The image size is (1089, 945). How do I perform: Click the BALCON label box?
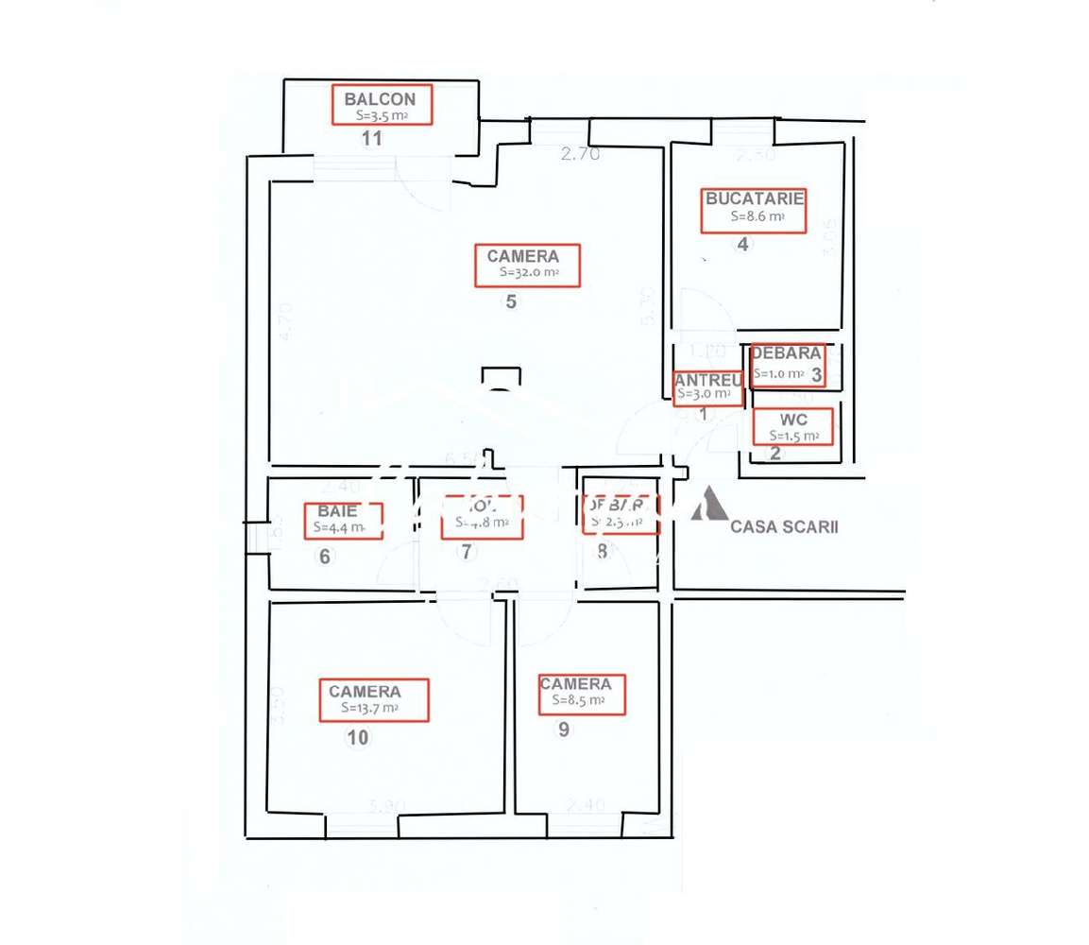click(382, 104)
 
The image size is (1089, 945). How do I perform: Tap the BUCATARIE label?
click(753, 198)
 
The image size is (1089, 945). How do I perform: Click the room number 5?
click(511, 303)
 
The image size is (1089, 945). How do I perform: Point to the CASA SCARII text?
click(784, 527)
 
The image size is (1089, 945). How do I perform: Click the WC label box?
click(793, 426)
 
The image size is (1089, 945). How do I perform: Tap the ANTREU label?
click(706, 380)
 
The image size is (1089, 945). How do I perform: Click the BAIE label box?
click(343, 521)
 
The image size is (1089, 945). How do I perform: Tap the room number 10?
click(357, 738)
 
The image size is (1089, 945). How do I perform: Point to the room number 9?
click(564, 730)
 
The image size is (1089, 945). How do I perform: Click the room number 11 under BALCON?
click(372, 139)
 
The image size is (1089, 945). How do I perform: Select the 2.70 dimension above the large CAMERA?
click(580, 155)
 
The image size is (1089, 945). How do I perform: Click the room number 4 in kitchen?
click(742, 244)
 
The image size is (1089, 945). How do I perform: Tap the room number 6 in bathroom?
click(325, 557)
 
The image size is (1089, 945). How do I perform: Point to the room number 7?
click(467, 553)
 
